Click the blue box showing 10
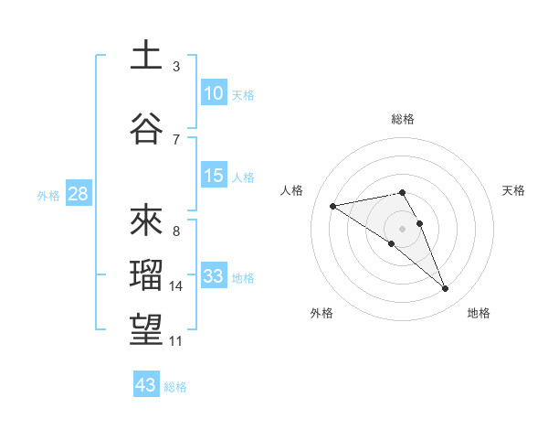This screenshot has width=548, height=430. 214,92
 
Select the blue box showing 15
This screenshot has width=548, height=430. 214,175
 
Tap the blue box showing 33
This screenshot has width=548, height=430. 214,276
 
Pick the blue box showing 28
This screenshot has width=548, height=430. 77,194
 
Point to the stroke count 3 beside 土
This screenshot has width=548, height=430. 176,67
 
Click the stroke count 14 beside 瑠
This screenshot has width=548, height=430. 176,286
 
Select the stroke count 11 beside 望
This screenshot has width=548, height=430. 176,341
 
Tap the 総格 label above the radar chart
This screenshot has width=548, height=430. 403,119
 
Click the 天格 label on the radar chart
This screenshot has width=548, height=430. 514,190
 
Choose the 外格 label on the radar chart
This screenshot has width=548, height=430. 321,313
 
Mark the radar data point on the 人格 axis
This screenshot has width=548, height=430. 332,206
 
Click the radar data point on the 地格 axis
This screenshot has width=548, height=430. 446,289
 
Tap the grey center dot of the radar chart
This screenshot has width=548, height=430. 402,227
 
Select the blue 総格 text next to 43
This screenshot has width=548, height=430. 175,387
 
